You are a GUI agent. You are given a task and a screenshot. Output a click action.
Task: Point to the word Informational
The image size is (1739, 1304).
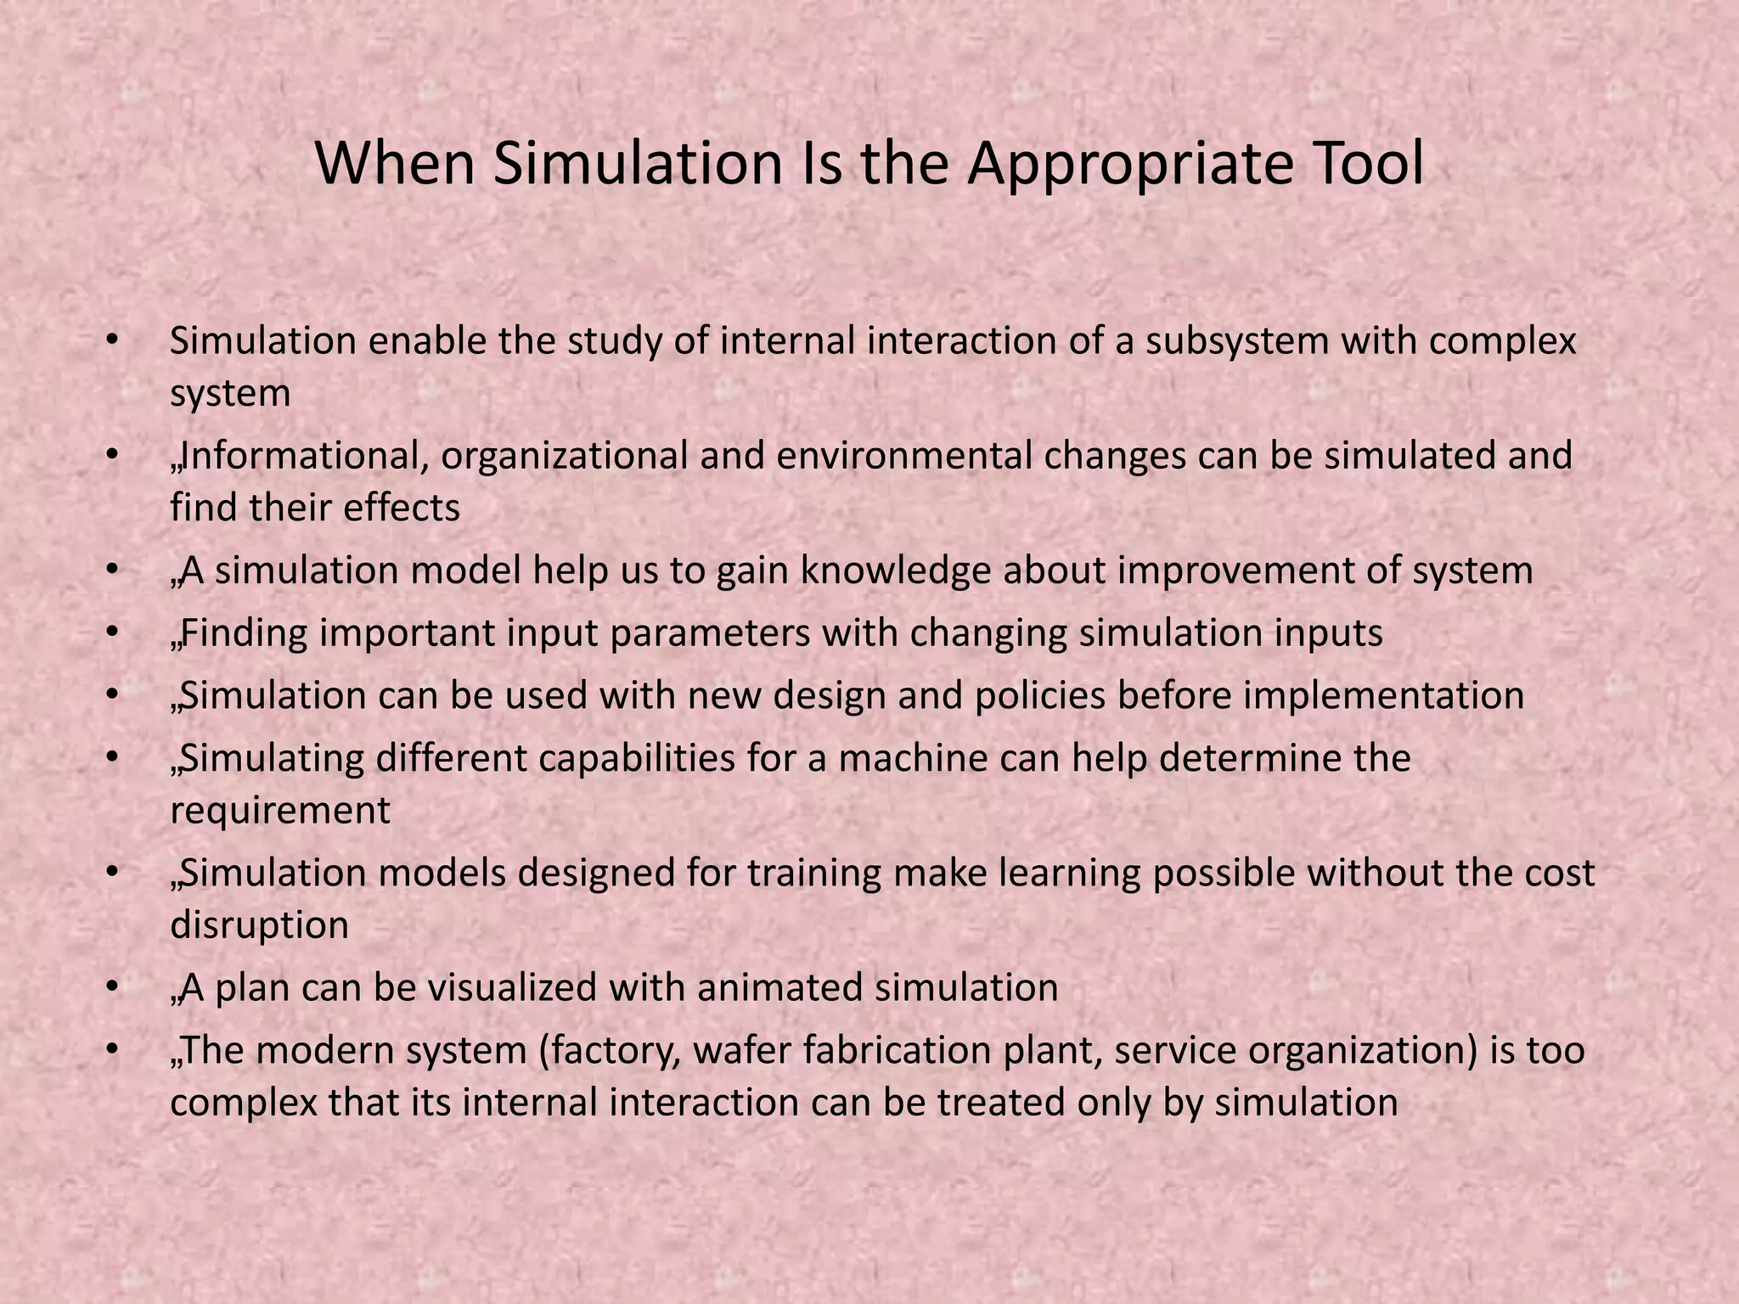click(305, 456)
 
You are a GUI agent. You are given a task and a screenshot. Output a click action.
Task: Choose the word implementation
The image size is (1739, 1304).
click(1384, 696)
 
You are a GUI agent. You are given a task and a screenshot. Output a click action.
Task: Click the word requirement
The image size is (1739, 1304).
click(280, 811)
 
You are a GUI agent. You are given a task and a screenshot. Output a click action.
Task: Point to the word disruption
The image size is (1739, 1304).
click(260, 925)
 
